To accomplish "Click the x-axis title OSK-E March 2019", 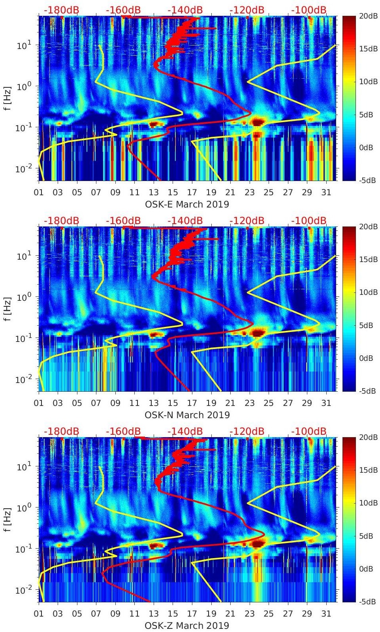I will point(187,204).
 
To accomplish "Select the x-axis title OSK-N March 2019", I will point(187,415).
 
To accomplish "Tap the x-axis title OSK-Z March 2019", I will point(187,626).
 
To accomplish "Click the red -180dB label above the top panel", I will point(61,10).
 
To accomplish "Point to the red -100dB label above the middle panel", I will point(309,221).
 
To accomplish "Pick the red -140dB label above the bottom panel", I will point(185,431).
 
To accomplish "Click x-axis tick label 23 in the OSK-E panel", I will point(249,192).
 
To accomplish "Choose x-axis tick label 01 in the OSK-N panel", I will point(39,403).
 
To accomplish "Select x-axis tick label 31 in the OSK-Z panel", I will point(326,614).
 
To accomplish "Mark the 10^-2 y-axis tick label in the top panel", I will point(23,169).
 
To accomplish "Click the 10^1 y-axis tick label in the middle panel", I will point(24,256).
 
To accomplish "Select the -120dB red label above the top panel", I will point(247,10).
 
